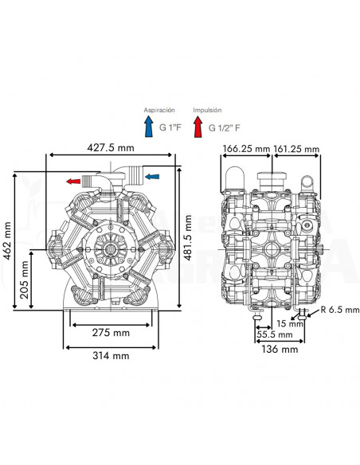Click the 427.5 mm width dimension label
(x=112, y=148)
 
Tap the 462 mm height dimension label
(x=8, y=240)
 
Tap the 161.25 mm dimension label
(x=295, y=149)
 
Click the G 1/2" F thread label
(x=225, y=126)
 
